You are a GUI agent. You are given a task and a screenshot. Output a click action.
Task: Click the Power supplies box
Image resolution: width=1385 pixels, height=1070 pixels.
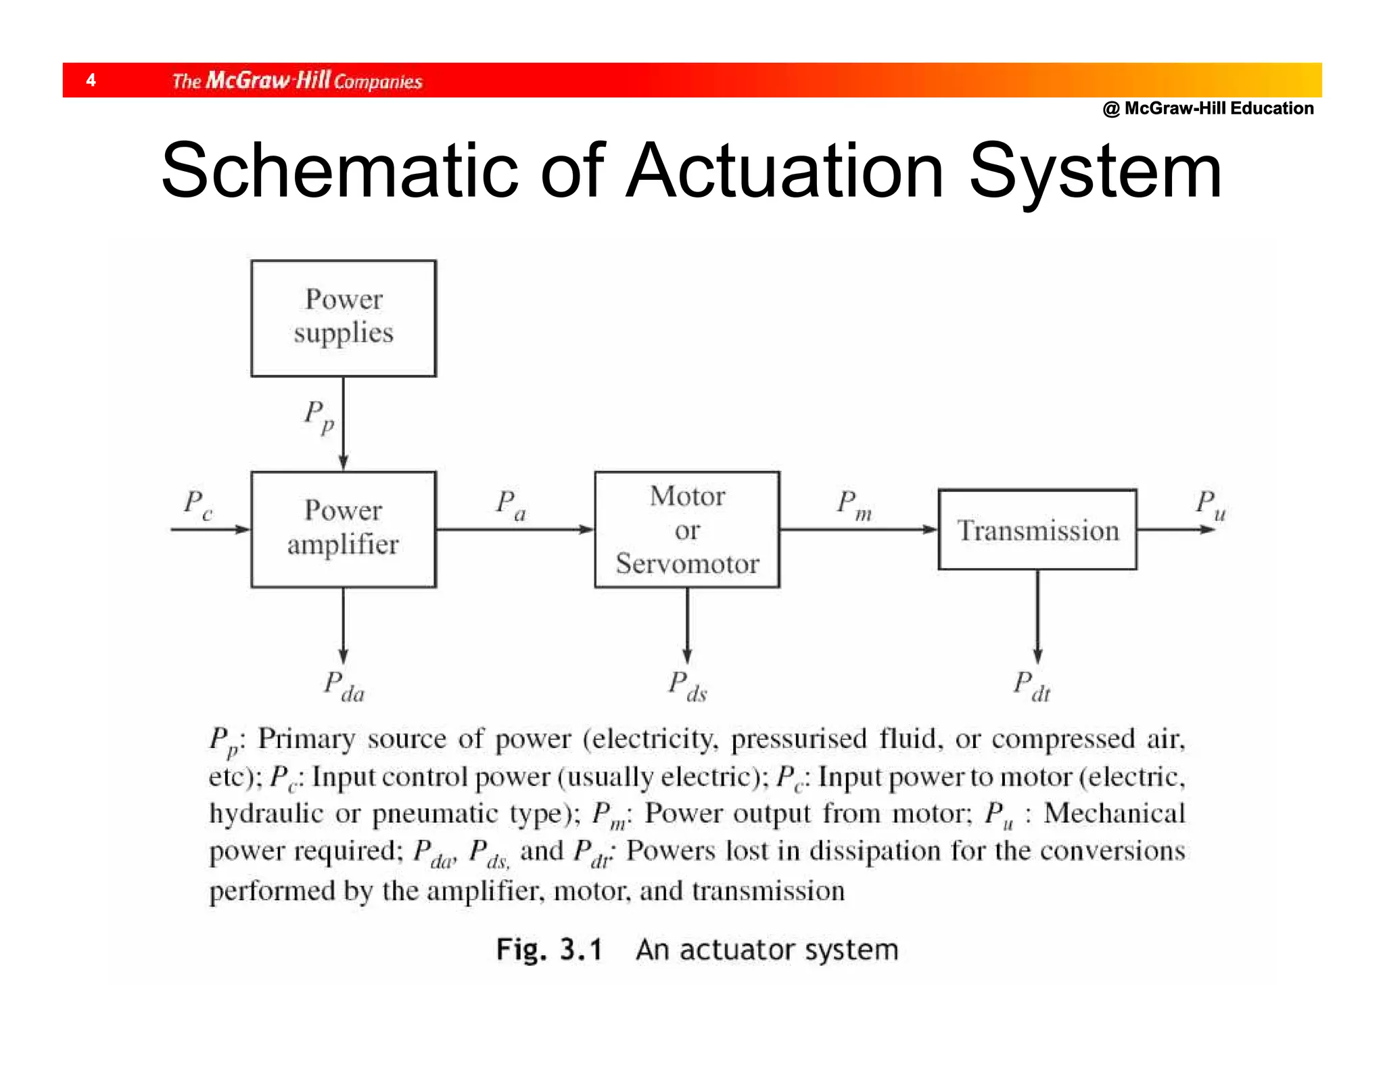pyautogui.click(x=344, y=318)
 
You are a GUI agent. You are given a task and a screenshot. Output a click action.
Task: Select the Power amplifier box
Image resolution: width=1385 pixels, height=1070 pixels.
pyautogui.click(x=344, y=529)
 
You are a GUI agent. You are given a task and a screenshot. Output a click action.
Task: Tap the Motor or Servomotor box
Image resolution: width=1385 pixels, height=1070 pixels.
pyautogui.click(x=687, y=529)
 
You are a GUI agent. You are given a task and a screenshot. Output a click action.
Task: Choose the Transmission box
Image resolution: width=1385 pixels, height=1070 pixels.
pyautogui.click(x=1037, y=530)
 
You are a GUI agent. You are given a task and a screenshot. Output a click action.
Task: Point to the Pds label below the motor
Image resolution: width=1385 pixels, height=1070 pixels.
pyautogui.click(x=687, y=686)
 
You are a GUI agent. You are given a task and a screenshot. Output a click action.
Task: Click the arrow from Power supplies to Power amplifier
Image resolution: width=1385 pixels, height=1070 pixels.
pyautogui.click(x=344, y=423)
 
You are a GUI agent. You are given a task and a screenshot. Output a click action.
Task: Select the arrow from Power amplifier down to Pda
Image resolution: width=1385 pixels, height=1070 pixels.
pyautogui.click(x=344, y=626)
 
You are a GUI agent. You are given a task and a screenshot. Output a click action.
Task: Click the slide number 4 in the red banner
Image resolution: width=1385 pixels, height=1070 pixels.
pyautogui.click(x=91, y=80)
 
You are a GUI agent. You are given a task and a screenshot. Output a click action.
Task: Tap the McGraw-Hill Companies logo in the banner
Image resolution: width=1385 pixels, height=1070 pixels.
pyautogui.click(x=297, y=80)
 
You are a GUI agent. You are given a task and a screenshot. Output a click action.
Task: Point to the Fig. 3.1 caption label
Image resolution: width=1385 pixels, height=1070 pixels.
pyautogui.click(x=548, y=950)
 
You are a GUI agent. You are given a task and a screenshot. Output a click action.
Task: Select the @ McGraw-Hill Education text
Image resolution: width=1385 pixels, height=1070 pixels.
pyautogui.click(x=1208, y=108)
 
